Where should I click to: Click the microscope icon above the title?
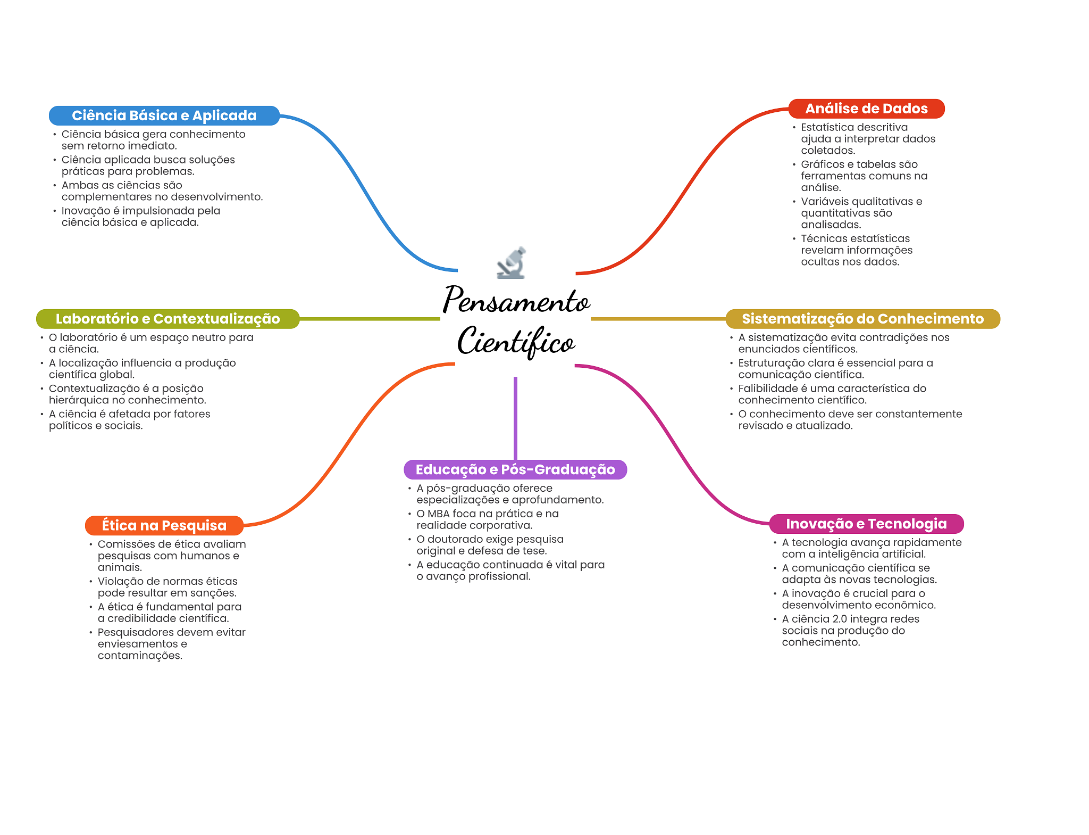512,263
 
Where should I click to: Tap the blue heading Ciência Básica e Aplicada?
164,115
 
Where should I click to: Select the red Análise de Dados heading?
866,109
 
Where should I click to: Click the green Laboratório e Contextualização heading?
167,319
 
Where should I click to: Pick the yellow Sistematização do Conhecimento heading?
862,319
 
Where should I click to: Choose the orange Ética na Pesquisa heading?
164,525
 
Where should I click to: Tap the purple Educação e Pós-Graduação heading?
515,469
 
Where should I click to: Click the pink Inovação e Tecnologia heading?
866,524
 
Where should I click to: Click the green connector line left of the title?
370,319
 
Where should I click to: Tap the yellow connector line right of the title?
658,319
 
